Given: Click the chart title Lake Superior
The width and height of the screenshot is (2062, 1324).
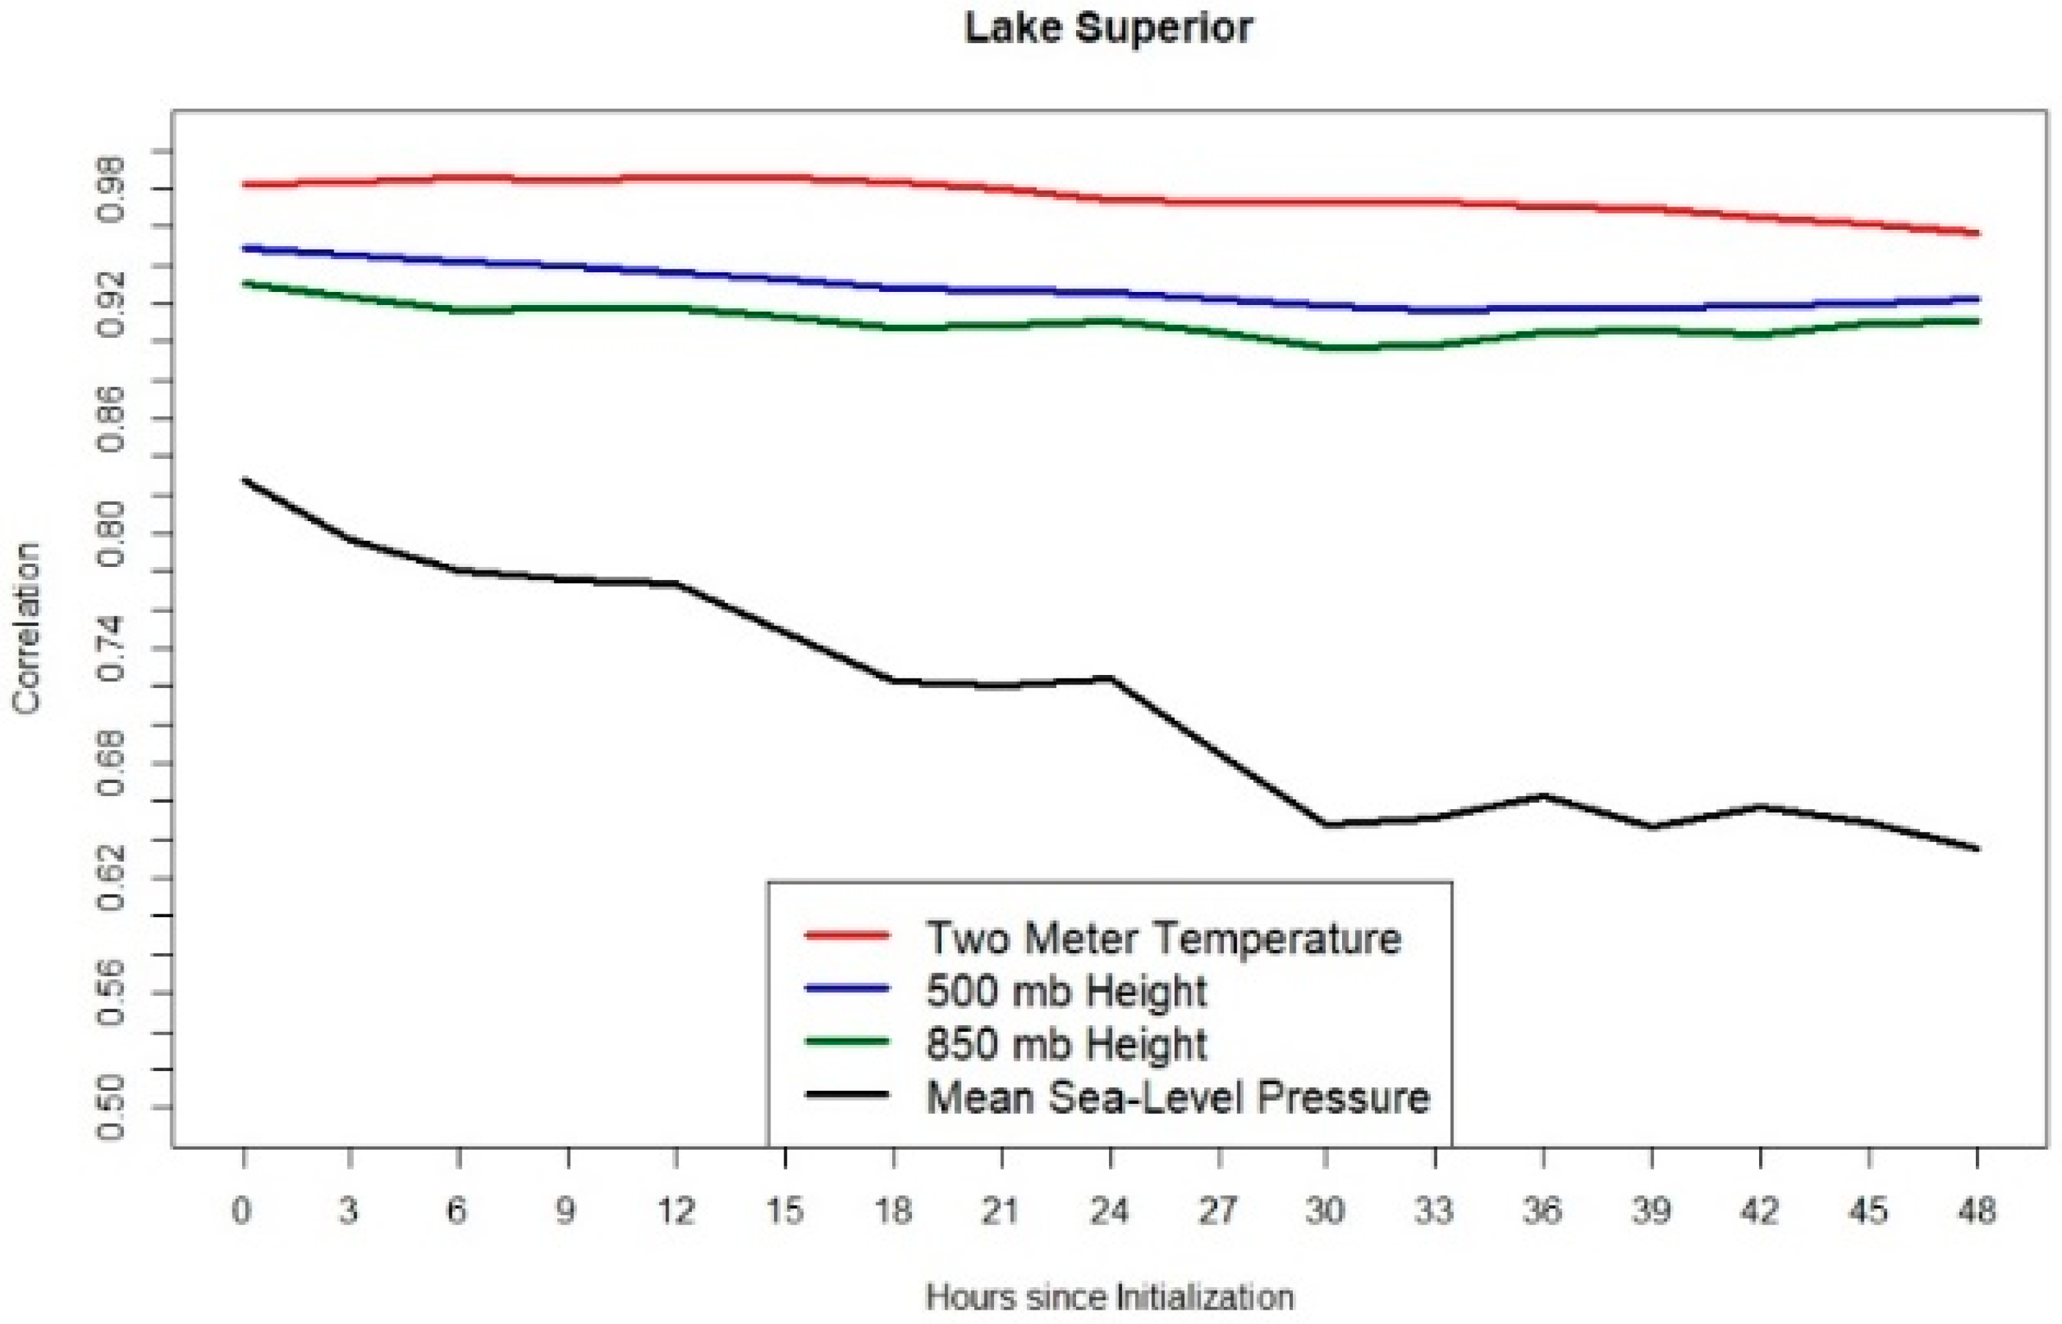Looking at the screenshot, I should pos(1108,27).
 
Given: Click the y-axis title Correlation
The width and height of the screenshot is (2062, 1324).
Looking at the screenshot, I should pos(27,628).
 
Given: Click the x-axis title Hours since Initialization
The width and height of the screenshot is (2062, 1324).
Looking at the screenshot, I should pos(1110,1296).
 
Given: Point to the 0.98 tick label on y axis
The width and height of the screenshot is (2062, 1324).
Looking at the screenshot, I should pos(111,189).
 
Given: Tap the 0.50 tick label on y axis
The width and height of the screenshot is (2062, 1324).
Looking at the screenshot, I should pos(111,1107).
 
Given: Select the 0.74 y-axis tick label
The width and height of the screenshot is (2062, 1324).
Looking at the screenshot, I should pos(111,648).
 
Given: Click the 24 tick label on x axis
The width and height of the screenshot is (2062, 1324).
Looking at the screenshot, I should pos(1109,1210).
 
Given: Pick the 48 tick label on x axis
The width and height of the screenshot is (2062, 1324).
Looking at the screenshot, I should pos(1977,1210).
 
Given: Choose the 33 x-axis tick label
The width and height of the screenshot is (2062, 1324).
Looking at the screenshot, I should pos(1434,1210).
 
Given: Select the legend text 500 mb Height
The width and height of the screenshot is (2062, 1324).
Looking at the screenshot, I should pos(1066,990).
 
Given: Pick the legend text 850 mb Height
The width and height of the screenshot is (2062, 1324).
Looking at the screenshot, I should pos(1066,1044).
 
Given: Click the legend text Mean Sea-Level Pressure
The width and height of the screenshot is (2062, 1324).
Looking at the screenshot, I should pos(1177,1097).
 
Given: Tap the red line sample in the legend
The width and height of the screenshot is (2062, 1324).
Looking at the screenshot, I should pos(846,936).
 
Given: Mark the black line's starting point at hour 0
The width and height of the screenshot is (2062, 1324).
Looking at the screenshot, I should pos(244,479).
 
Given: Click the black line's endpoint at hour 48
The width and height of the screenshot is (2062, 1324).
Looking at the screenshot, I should pos(1978,849).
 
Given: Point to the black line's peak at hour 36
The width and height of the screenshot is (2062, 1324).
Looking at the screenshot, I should pos(1544,796).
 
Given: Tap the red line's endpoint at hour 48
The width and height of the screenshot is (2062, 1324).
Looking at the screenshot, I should pos(1978,233).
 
